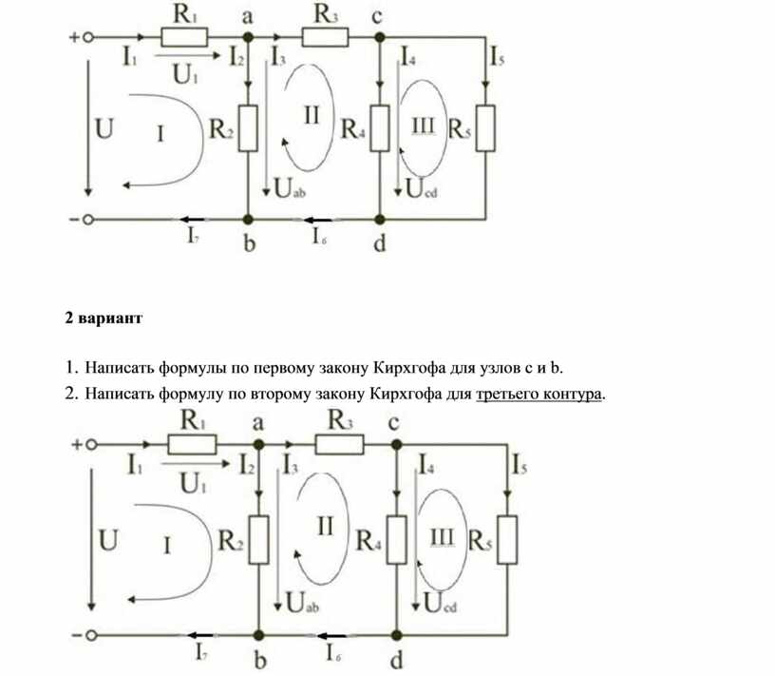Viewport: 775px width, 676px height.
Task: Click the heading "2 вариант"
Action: coord(104,319)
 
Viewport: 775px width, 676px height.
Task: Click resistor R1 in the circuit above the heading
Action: coord(184,37)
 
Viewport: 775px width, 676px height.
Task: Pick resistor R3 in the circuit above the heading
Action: coord(325,37)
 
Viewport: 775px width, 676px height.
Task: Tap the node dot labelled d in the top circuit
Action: coord(380,218)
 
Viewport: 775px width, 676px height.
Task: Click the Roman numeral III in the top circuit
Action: coord(423,125)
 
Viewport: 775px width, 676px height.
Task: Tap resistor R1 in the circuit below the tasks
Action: coord(192,443)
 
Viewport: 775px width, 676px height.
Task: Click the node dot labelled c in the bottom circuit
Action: coord(394,443)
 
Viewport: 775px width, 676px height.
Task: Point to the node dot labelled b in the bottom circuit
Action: coord(258,633)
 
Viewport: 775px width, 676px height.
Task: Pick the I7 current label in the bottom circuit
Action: coord(202,652)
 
